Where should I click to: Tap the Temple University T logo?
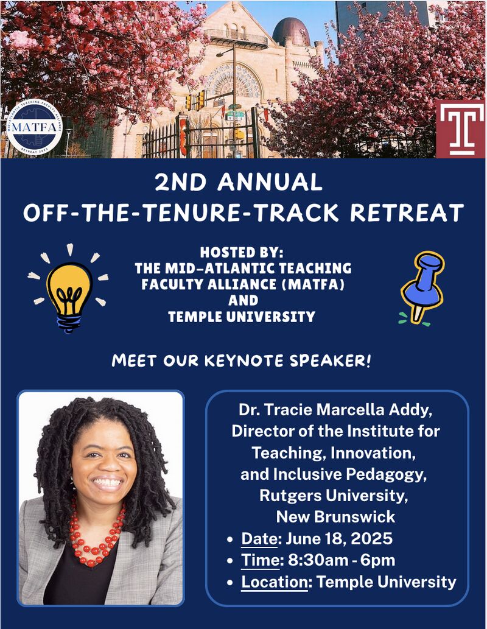[461, 128]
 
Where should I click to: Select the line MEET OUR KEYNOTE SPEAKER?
[242, 361]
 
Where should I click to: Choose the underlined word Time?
[259, 560]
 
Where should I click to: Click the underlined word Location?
[275, 582]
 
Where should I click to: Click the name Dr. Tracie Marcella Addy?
[336, 410]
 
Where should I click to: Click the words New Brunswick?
[335, 517]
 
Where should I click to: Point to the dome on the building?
[291, 32]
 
